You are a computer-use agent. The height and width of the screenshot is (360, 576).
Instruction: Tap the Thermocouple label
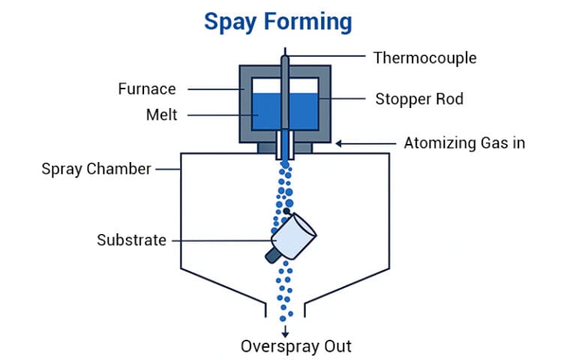[424, 57]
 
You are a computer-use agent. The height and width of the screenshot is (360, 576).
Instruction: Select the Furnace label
[147, 89]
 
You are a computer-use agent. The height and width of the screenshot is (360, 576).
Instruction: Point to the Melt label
[161, 115]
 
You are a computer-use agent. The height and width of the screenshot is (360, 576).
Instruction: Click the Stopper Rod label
[421, 98]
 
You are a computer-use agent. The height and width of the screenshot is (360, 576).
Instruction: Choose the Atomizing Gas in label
[464, 142]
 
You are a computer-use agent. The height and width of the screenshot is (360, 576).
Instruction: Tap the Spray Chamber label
[96, 169]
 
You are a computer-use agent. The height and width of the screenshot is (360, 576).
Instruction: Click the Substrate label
[131, 240]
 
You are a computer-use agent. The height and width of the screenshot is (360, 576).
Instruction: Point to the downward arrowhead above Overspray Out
[285, 333]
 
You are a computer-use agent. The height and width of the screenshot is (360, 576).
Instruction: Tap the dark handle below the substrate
[273, 255]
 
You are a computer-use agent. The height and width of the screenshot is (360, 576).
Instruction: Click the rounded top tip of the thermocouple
[285, 57]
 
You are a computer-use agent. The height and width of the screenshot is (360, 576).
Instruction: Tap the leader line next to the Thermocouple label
[327, 57]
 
